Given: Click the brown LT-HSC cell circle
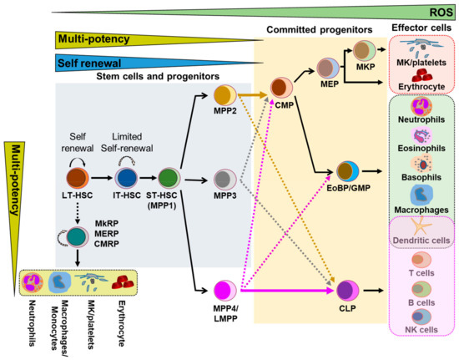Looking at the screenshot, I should click(x=78, y=177).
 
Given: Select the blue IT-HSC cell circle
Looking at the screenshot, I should click(x=128, y=177).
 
